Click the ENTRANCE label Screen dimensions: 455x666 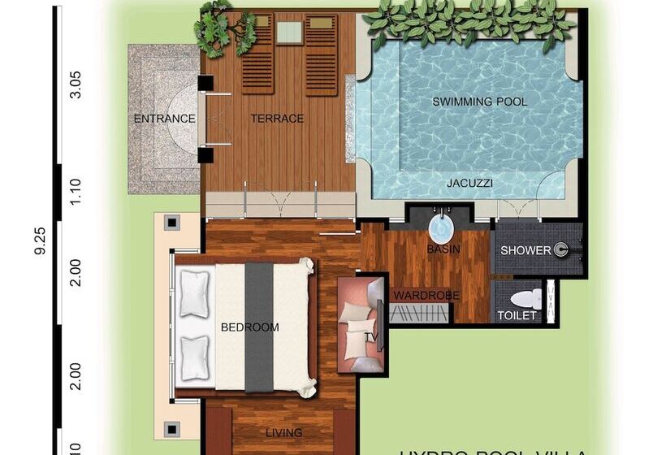164,119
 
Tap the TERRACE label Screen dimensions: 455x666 277,119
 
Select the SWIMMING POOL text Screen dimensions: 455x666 479,102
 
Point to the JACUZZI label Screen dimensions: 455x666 469,184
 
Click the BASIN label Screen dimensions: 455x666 443,249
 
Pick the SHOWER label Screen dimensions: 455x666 525,250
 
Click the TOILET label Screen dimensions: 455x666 517,315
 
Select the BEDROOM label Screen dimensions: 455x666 250,327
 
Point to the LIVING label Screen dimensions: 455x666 284,433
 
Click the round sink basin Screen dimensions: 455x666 443,223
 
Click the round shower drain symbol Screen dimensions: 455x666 561,250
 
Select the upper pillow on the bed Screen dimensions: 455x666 195,293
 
